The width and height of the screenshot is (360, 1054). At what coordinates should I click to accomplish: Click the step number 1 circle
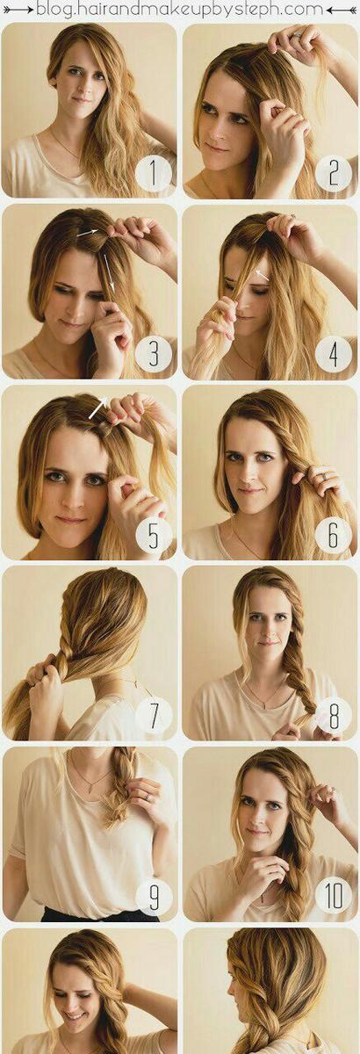(x=153, y=174)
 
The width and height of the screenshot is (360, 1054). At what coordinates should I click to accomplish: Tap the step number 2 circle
(x=333, y=174)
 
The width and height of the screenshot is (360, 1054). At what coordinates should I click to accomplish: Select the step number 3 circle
(x=153, y=354)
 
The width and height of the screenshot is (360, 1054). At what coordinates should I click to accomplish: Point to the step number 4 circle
(x=333, y=354)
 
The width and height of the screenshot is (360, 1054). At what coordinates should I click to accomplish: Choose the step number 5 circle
(x=153, y=535)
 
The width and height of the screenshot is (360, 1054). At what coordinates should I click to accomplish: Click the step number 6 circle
(x=333, y=535)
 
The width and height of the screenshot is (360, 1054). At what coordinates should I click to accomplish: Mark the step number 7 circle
(x=153, y=716)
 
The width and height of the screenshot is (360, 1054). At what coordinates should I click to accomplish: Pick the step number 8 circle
(x=333, y=716)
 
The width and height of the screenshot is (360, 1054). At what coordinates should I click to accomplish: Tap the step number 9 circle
(x=153, y=897)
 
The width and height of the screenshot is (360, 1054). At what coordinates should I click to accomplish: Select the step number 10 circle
(x=333, y=897)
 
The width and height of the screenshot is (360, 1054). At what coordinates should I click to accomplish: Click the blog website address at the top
(x=180, y=10)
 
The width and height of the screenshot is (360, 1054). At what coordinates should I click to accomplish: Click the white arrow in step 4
(x=263, y=275)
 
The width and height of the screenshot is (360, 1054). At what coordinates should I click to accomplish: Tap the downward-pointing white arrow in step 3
(x=109, y=273)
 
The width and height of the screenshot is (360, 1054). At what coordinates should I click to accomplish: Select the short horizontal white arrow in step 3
(x=87, y=232)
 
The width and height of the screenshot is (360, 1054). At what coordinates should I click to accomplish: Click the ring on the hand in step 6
(x=325, y=477)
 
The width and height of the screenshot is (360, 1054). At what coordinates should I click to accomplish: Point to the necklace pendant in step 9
(x=90, y=788)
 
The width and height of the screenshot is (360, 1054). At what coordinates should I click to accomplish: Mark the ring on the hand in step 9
(x=148, y=798)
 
